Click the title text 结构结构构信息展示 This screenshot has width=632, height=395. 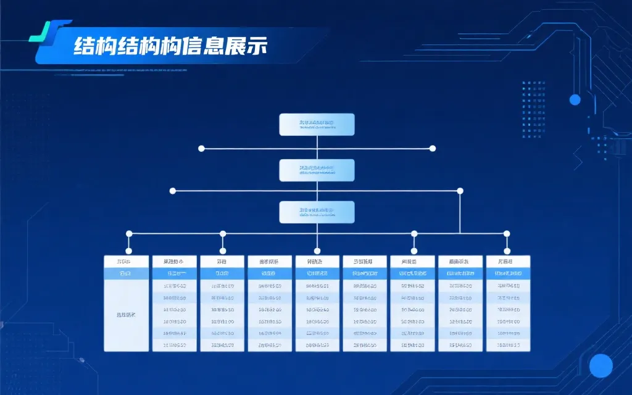[170, 47]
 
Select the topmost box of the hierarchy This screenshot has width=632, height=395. [317, 124]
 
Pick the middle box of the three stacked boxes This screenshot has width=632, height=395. [317, 170]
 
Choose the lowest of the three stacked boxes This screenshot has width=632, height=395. [317, 212]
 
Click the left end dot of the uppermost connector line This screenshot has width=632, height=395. [201, 148]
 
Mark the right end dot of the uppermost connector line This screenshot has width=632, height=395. [433, 148]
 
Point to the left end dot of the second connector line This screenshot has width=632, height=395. [173, 191]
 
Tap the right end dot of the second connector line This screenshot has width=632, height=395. [460, 191]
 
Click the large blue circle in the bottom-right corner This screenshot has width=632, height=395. [601, 366]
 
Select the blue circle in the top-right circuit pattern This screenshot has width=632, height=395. [575, 99]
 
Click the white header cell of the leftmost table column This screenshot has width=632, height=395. [126, 262]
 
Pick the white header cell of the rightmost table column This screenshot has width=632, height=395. [508, 262]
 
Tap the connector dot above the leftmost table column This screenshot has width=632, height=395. [129, 234]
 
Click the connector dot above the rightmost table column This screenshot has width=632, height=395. [507, 234]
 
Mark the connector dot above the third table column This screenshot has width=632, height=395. [223, 234]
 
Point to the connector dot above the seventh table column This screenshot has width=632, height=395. [414, 234]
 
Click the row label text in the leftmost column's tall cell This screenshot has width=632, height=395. [126, 315]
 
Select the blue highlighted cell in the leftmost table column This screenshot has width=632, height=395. [126, 273]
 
